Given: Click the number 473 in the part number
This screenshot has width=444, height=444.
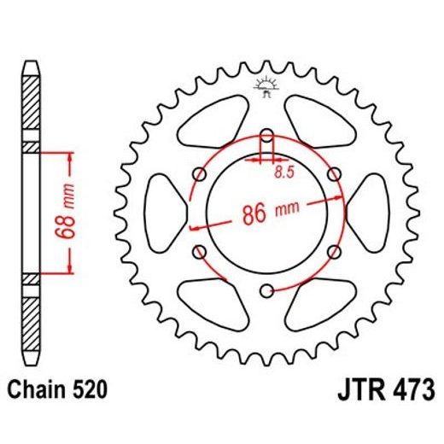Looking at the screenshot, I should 406,390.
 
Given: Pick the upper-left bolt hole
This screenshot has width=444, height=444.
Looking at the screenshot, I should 200,174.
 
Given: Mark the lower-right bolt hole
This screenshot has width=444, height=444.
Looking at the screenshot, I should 333,251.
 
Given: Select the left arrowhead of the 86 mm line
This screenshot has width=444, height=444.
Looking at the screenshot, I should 195,228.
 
